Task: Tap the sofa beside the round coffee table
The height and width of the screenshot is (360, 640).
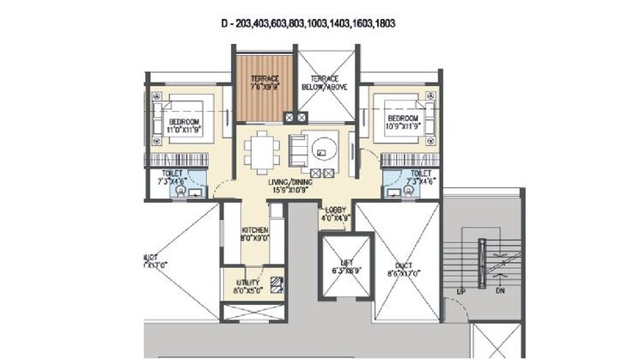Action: (298, 150)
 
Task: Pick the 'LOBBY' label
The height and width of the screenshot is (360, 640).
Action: (335, 209)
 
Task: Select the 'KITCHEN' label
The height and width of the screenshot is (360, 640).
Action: (255, 231)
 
